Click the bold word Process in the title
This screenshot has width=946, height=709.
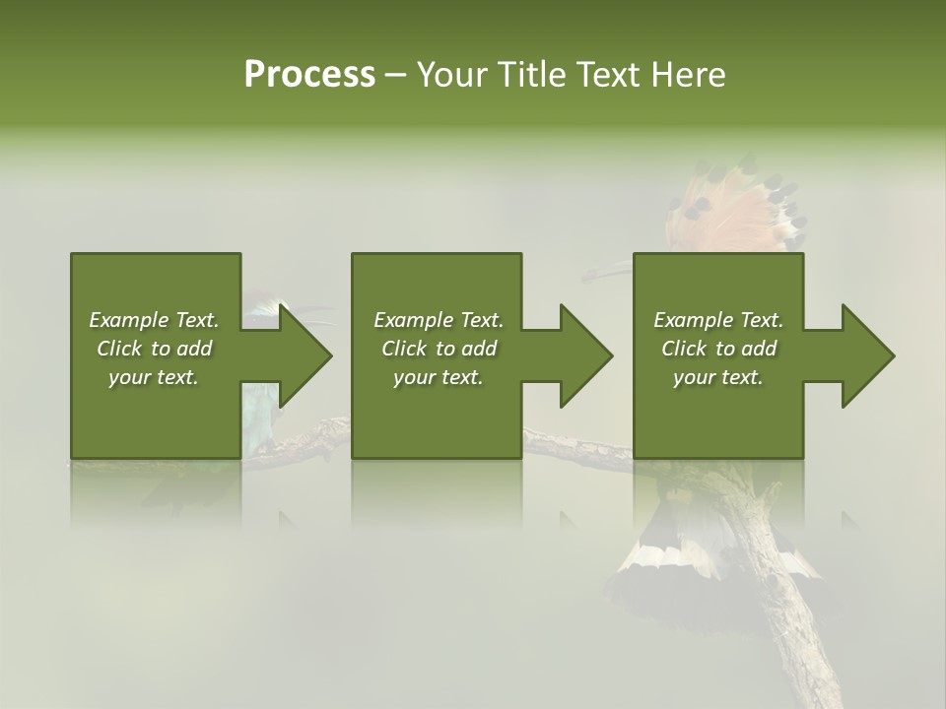pos(309,75)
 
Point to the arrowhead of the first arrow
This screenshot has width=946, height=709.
pos(304,355)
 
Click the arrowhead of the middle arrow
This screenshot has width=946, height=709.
pos(585,355)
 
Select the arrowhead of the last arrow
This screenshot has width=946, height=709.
pos(867,355)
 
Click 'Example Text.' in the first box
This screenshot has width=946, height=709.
pos(154,320)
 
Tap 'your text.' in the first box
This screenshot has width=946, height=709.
pos(154,377)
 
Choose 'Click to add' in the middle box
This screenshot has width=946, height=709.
pos(439,349)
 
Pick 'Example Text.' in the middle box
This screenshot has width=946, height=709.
pos(439,320)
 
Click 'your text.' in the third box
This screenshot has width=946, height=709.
pos(718,377)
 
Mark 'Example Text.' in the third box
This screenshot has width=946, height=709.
pos(718,320)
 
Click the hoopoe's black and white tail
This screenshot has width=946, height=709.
pos(670,571)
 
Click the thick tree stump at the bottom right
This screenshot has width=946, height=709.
pos(788,611)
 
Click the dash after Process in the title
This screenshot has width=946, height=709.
pos(395,76)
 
